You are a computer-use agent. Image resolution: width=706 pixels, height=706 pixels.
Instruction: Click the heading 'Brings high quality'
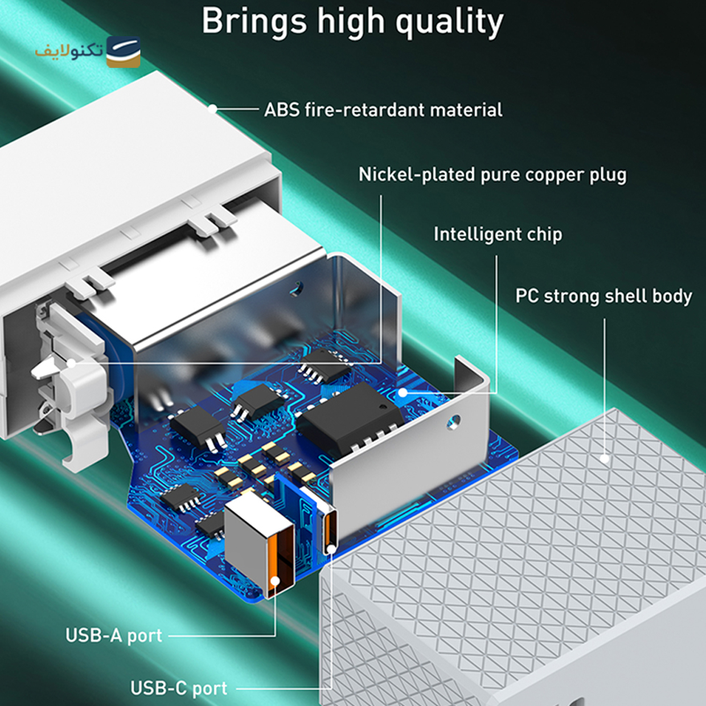point(352,21)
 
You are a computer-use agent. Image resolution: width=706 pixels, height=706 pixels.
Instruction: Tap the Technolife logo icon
point(124,52)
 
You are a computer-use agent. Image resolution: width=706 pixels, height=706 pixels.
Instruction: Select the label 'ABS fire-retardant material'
point(383,109)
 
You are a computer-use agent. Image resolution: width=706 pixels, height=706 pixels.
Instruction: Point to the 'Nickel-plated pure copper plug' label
point(492,175)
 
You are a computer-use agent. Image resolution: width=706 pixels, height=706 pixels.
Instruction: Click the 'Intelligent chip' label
point(498,234)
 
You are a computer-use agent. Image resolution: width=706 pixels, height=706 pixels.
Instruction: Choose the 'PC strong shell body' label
point(604,296)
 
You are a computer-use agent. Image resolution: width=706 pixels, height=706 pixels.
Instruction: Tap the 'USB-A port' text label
point(114,635)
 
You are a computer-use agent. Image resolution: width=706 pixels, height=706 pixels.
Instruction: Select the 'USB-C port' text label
point(179,688)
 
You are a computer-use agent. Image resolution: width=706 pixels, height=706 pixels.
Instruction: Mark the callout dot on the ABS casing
point(213,109)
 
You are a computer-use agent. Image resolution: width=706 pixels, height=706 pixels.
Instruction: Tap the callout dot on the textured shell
point(605,459)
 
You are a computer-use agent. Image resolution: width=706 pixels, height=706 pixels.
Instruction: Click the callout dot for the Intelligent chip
point(403,393)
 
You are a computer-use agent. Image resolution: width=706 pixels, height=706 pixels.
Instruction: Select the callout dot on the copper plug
point(71,363)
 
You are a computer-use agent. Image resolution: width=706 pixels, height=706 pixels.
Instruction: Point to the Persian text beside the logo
point(70,51)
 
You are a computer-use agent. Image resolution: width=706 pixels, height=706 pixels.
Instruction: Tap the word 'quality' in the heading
point(450,23)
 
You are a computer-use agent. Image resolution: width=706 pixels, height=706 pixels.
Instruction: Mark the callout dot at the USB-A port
point(275,581)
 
